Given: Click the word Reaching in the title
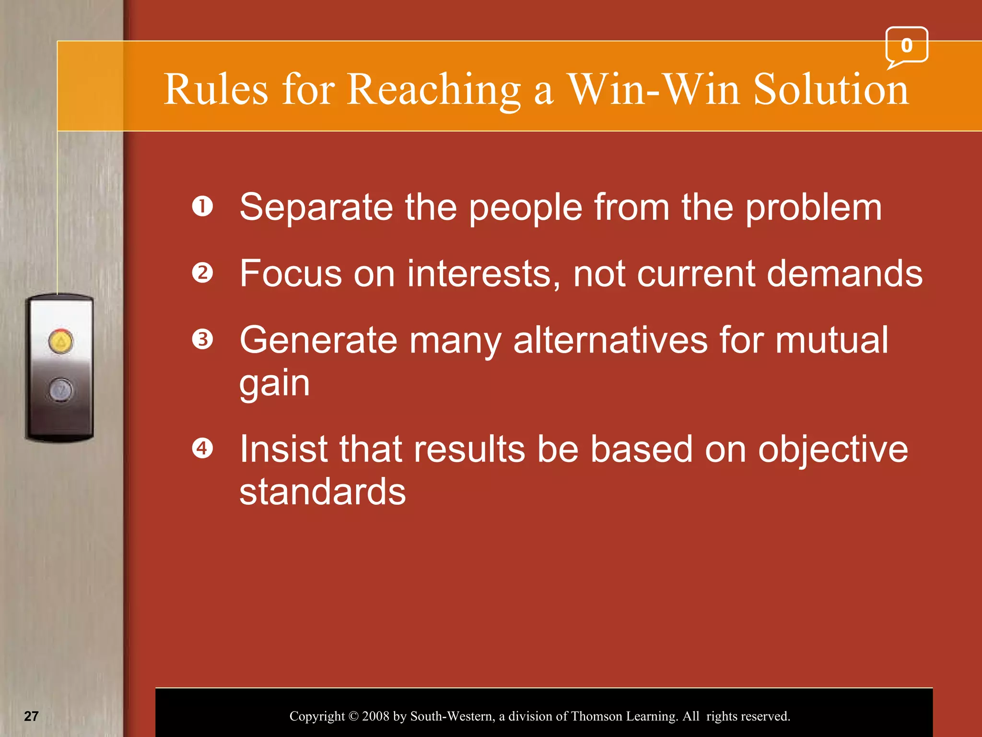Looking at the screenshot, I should [x=434, y=90].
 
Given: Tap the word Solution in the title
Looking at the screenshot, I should [x=830, y=90].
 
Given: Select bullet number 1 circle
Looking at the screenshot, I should [x=202, y=207].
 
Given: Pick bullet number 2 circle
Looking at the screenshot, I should [x=202, y=273].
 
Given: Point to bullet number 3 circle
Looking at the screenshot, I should [x=202, y=339].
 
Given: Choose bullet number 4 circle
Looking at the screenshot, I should [x=202, y=449].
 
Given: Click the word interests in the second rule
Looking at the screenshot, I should [x=483, y=273].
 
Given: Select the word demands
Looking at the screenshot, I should [x=844, y=273].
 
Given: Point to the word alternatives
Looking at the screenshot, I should [x=610, y=340].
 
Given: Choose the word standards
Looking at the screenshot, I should [x=322, y=492].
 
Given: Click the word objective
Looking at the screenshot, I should [x=833, y=450].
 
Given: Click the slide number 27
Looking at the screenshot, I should [x=31, y=716].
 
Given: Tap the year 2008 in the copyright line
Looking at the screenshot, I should [x=375, y=716].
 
